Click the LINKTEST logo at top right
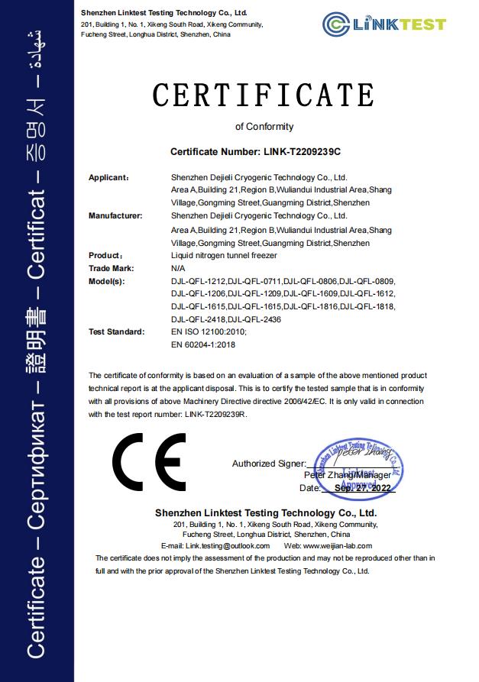pos(384,24)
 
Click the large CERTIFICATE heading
pos(264,95)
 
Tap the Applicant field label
pos(108,177)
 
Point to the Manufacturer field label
pos(115,216)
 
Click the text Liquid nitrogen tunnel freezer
pos(224,256)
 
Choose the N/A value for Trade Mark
pos(179,268)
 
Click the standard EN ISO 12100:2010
pos(209,332)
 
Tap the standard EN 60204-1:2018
pos(203,345)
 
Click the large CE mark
pos(149,461)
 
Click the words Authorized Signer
pos(267,464)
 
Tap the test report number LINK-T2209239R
pos(215,414)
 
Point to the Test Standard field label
pos(116,332)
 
